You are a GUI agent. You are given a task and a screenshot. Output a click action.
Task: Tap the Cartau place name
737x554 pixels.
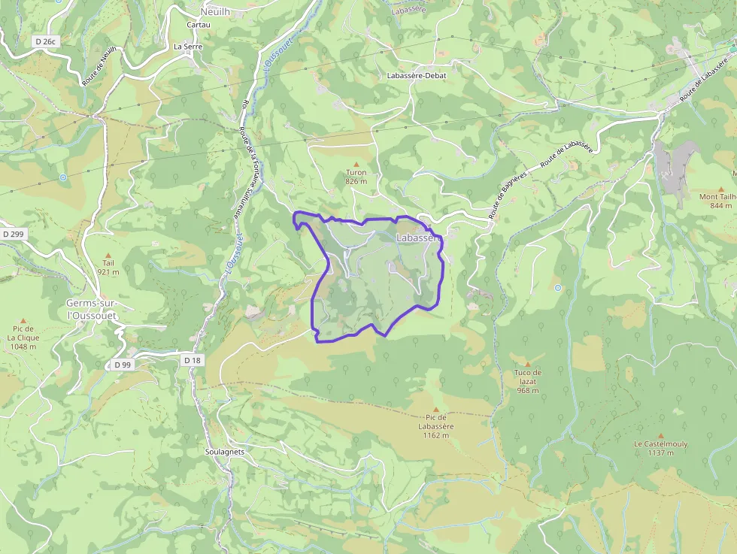click(198, 24)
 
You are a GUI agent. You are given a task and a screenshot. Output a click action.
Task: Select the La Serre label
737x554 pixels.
click(188, 46)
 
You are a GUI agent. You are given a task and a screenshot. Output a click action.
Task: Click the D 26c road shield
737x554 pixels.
click(45, 41)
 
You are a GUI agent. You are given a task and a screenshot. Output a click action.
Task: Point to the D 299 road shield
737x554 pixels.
click(14, 235)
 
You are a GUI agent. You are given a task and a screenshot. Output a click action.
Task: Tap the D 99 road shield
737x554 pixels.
click(123, 365)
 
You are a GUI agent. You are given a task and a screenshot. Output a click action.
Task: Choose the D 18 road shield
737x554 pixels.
click(193, 360)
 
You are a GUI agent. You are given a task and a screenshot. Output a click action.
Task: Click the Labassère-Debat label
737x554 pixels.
click(416, 76)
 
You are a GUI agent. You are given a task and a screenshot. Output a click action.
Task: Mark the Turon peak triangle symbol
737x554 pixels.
click(356, 164)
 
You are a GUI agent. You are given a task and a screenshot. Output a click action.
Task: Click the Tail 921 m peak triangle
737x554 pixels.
click(108, 255)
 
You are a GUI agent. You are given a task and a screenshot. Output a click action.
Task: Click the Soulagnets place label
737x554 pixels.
click(225, 452)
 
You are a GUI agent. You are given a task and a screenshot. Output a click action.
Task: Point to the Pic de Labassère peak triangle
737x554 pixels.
click(436, 409)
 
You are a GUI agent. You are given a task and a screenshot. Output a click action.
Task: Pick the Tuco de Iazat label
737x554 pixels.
click(527, 377)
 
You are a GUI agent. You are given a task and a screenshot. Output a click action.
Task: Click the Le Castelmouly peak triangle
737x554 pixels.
click(660, 435)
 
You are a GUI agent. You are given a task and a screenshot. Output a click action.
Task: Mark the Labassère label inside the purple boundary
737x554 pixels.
click(418, 238)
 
